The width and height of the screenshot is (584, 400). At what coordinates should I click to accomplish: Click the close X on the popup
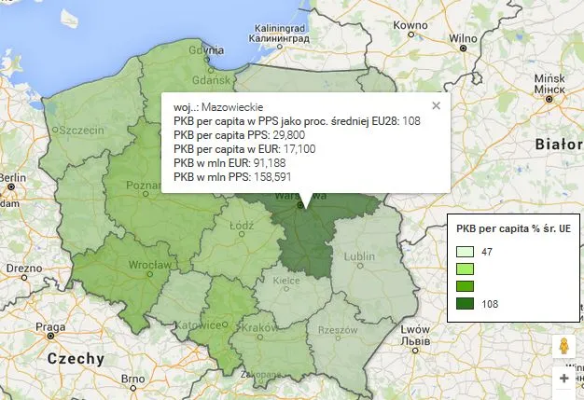436,106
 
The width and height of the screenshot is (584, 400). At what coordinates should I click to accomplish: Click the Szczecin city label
82,131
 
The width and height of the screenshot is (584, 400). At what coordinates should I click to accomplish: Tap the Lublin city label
359,255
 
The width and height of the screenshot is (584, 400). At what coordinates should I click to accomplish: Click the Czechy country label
76,359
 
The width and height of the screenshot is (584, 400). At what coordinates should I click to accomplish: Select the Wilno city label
462,38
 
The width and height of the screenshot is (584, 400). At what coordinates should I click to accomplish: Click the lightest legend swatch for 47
466,252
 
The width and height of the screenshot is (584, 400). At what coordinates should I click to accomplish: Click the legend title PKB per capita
513,228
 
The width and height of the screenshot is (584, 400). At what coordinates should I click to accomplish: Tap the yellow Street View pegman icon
563,346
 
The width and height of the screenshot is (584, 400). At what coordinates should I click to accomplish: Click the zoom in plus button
563,379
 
